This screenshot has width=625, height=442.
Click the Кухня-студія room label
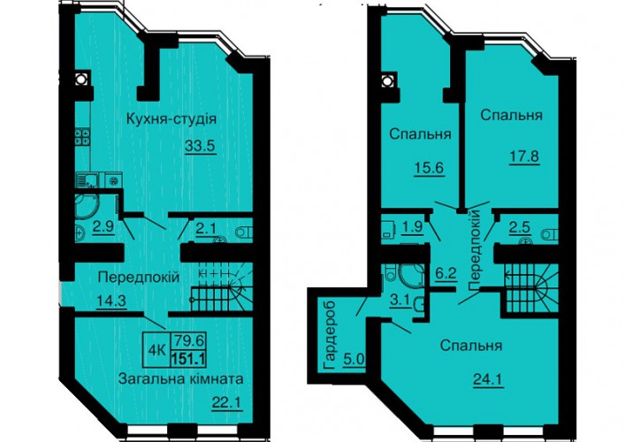tap(171, 118)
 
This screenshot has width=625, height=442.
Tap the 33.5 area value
tap(200, 146)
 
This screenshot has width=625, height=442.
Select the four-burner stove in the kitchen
tap(82, 137)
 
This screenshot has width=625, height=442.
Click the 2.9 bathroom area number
tap(103, 226)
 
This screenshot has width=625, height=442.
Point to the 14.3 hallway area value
tap(111, 301)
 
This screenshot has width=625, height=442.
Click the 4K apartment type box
tap(157, 350)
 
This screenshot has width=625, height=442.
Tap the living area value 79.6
tap(188, 341)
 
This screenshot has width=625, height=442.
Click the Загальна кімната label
tap(180, 377)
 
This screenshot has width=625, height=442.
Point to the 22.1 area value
tap(227, 403)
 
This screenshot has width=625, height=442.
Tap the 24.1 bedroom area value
tap(488, 379)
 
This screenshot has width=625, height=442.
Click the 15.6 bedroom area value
tap(429, 168)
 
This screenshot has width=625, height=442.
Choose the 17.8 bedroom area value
tap(524, 156)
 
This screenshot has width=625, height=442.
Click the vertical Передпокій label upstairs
tap(476, 251)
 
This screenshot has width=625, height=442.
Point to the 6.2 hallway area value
tap(446, 274)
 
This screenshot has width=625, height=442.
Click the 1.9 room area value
tap(412, 227)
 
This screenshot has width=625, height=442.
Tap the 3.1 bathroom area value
tap(400, 301)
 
